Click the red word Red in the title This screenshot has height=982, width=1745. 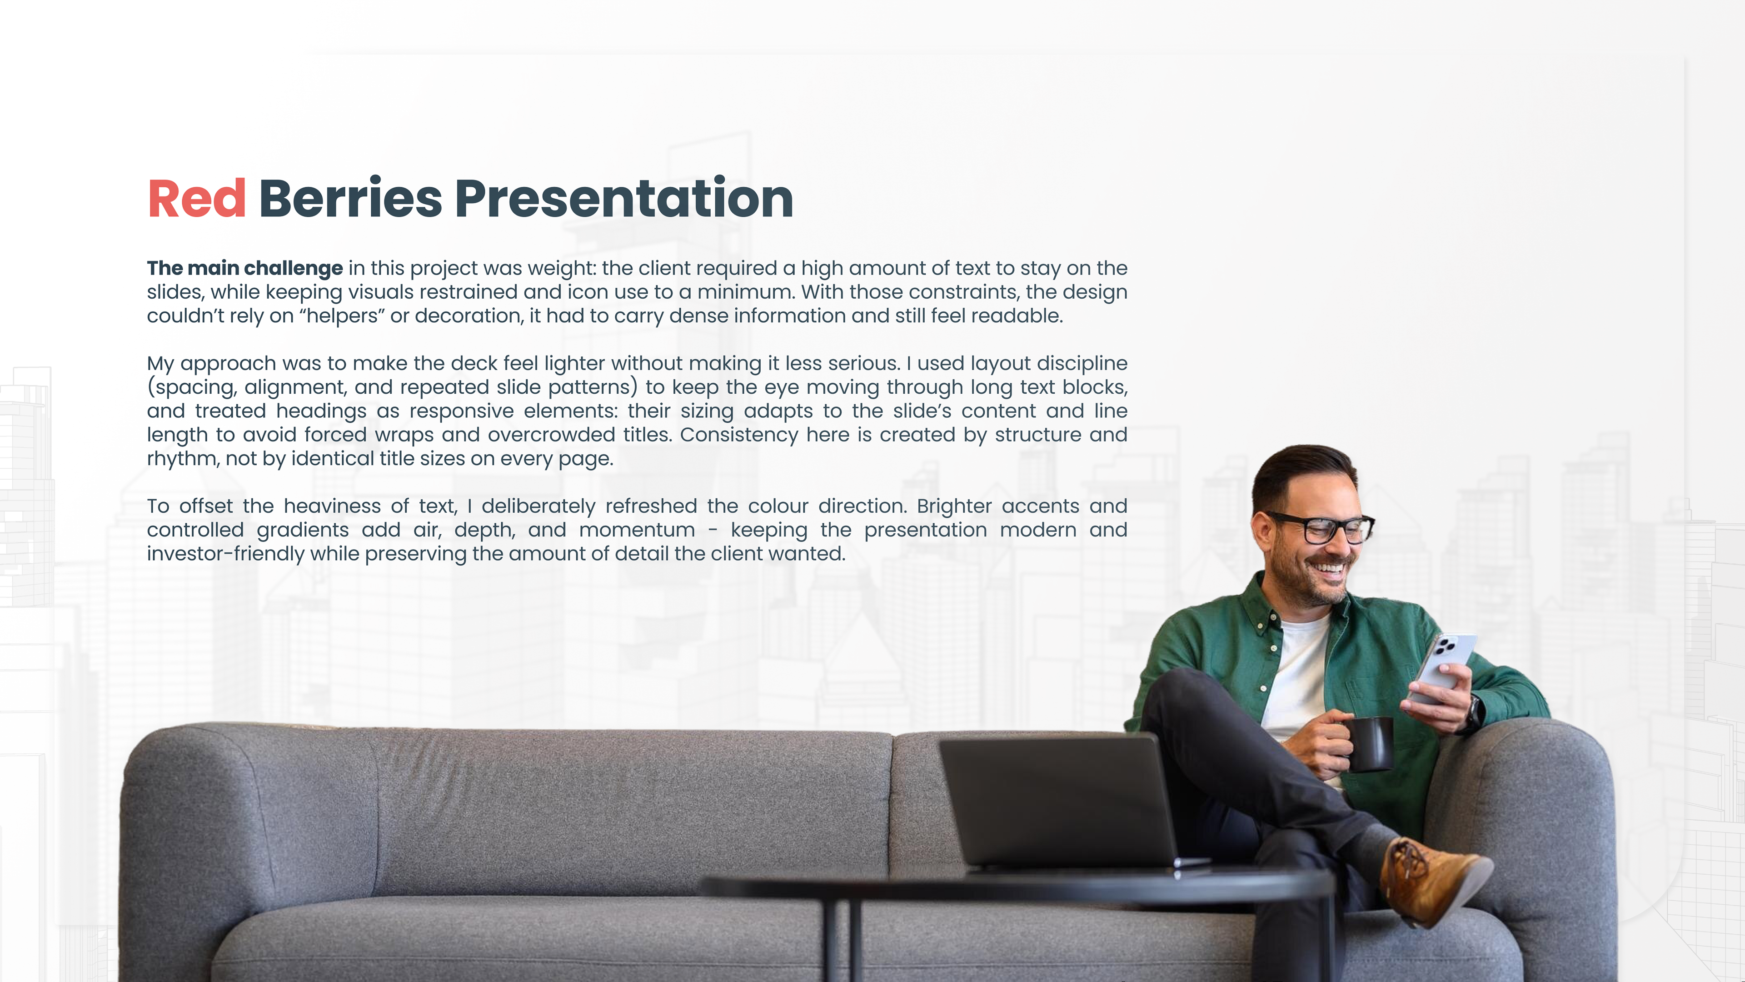(x=196, y=199)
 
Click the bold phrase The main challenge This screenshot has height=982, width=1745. (x=244, y=268)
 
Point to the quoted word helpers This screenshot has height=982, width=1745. (x=342, y=316)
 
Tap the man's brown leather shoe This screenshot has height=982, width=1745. (x=1435, y=881)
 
